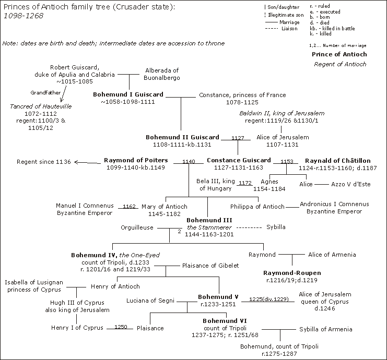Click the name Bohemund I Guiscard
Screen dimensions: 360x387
click(x=128, y=94)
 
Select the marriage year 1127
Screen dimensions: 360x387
click(x=238, y=138)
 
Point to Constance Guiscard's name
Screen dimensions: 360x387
click(x=239, y=160)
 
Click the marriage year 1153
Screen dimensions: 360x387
click(x=287, y=162)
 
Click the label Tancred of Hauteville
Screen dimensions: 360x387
click(x=41, y=106)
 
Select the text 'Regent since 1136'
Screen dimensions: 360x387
click(x=43, y=162)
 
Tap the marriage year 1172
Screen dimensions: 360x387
click(x=245, y=183)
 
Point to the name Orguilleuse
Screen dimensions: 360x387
click(x=137, y=227)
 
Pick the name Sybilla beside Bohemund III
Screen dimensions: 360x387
click(x=276, y=227)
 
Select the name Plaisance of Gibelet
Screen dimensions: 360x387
click(x=210, y=265)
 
